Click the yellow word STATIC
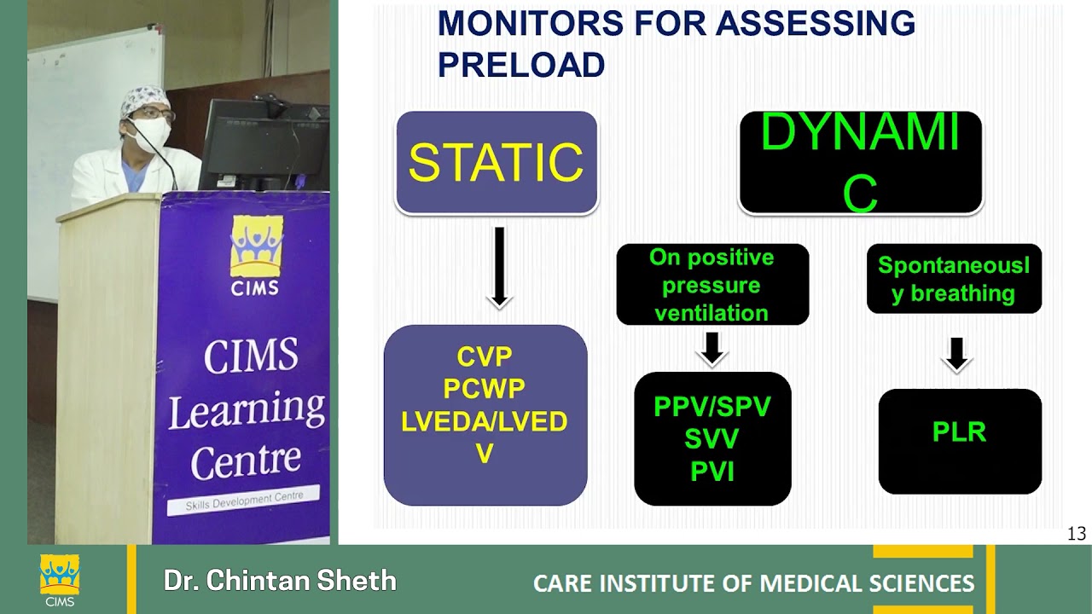[496, 162]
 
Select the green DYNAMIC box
[860, 162]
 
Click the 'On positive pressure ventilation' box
[712, 285]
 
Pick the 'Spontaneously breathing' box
[954, 279]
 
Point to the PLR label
[959, 432]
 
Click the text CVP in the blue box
[485, 356]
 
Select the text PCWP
[485, 389]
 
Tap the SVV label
[712, 439]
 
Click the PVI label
[712, 472]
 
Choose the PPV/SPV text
[712, 407]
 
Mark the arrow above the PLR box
[956, 354]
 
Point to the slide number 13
[1076, 534]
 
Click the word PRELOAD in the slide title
[521, 65]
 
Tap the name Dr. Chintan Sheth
[280, 582]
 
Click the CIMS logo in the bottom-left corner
[60, 580]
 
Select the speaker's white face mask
[151, 135]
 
